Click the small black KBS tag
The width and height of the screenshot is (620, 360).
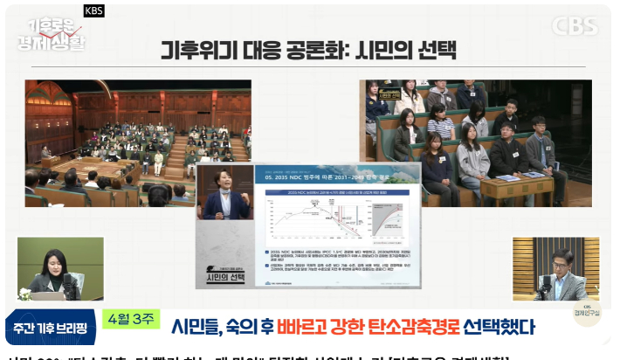click(93, 10)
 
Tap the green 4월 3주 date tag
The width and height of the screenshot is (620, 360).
click(131, 319)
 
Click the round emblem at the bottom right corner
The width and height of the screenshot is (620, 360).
click(587, 312)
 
